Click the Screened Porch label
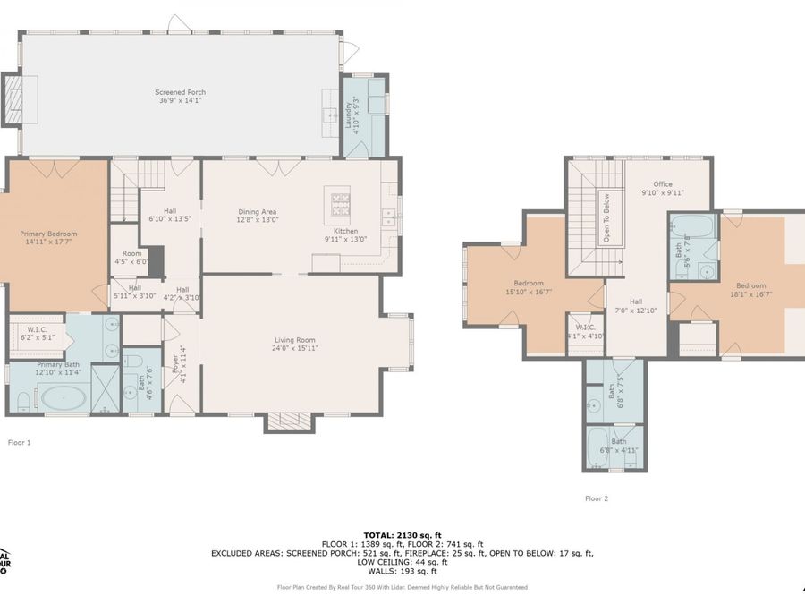coord(182,92)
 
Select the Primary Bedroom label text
coord(48,234)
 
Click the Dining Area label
coord(257,212)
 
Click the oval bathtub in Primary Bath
coord(64,397)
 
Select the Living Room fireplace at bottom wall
coord(288,421)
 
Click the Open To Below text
coord(606,217)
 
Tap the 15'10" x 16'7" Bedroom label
coord(528,288)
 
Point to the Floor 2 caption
coord(597,498)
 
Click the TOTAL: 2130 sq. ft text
coord(402,533)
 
